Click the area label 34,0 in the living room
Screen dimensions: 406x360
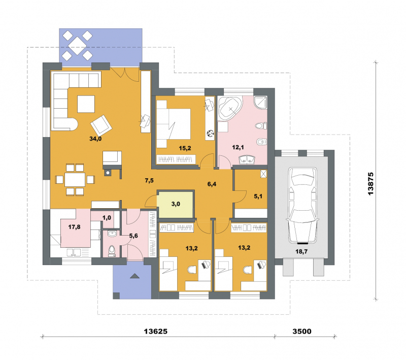(x=95, y=139)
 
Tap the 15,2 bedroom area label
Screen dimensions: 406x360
(x=185, y=148)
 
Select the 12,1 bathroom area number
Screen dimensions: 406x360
(x=238, y=148)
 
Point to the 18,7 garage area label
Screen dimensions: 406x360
(x=301, y=251)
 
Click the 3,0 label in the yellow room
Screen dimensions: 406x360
(x=176, y=204)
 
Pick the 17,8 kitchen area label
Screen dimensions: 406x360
(x=74, y=227)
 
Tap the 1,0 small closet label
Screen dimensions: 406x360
(x=107, y=218)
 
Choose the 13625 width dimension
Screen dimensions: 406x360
(x=156, y=331)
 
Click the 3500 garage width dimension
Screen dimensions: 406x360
(x=302, y=331)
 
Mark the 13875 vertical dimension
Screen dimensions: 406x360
(x=370, y=184)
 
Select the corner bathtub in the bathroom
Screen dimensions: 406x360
(x=230, y=109)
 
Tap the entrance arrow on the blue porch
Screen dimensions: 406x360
(x=134, y=276)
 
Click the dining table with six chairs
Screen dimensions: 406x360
(x=75, y=179)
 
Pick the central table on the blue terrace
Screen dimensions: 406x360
(x=77, y=45)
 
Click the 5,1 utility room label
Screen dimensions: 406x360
(x=258, y=197)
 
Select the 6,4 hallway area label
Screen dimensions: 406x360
(x=212, y=184)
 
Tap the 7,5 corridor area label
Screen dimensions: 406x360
(x=149, y=181)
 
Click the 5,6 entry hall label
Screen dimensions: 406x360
(x=133, y=236)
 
